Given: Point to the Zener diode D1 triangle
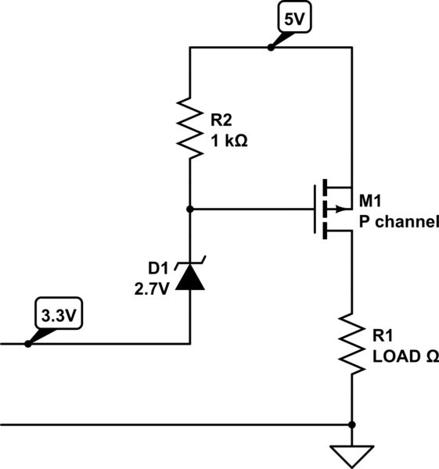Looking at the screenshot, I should tap(189, 277).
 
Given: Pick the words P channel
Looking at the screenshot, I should tap(398, 221).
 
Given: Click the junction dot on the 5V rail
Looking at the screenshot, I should tap(270, 48).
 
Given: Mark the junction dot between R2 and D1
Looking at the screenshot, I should tap(189, 209).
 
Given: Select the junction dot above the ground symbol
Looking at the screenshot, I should tap(351, 424).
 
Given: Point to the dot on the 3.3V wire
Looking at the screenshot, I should tap(27, 343).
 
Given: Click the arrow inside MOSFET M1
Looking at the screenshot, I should tap(338, 209).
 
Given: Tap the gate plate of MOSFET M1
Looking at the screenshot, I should tap(316, 209).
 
